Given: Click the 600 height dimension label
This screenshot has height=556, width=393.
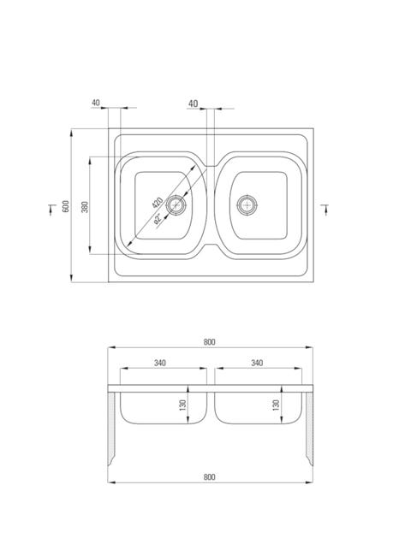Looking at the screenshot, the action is tap(66, 206).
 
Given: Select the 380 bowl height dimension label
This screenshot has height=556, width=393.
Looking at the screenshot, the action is tap(85, 207).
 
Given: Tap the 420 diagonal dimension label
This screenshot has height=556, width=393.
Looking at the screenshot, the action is tap(157, 202).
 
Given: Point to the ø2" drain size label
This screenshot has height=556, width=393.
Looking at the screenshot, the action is tap(158, 219).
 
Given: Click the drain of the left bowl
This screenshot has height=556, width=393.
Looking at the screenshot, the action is tap(176, 204).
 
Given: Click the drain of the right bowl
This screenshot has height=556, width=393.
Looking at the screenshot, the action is tap(247, 204).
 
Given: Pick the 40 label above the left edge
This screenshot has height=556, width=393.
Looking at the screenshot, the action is tap(96, 103).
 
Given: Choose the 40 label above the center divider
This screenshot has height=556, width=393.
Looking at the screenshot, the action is tap(193, 104).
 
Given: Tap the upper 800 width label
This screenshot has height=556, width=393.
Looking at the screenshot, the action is tap(210, 342).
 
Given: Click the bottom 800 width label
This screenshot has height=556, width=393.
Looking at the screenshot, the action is tap(210, 477).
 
